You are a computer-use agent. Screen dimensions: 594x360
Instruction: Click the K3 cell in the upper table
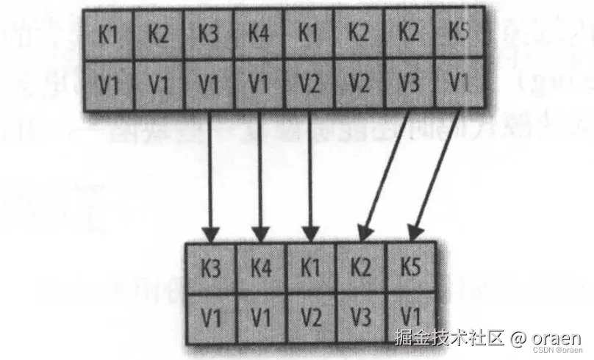[208, 35]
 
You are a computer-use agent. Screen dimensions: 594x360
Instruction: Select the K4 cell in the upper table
[258, 35]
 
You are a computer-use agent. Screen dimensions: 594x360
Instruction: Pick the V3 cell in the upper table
[409, 83]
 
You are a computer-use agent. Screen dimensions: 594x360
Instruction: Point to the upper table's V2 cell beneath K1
[309, 84]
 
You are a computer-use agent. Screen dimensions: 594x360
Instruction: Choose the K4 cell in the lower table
[262, 268]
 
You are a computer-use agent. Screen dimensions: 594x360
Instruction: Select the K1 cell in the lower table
[312, 268]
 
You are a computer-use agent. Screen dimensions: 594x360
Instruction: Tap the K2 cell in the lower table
[362, 267]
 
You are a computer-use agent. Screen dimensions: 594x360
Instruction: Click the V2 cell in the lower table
[312, 317]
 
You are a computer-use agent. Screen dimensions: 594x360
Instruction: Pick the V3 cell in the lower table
[362, 317]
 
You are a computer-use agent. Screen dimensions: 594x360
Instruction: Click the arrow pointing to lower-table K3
[210, 176]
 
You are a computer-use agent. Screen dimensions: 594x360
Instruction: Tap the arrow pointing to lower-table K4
[260, 176]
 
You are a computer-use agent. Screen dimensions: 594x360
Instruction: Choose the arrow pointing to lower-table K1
[310, 176]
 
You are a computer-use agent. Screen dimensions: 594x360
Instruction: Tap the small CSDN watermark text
[557, 350]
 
